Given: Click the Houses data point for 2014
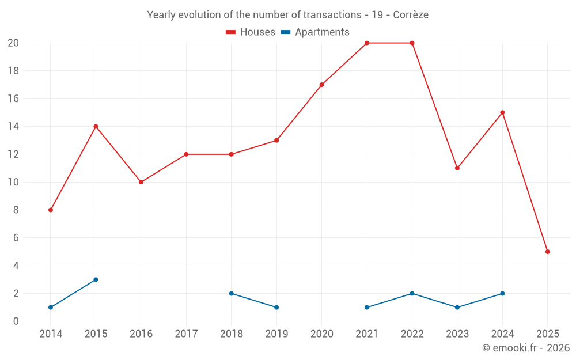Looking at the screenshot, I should point(51,210).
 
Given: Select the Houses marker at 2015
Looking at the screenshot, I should point(96,126).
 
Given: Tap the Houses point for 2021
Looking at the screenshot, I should point(367,43).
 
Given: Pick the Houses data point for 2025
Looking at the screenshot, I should point(548,252).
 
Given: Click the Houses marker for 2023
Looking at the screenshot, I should point(457,168).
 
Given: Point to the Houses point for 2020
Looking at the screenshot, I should point(321,85).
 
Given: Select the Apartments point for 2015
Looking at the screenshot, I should point(96,279).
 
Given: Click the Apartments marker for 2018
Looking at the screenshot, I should point(232,293).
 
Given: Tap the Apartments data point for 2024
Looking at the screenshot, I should point(502,293).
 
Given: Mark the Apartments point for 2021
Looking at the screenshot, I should point(367,307).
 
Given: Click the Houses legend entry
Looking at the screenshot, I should point(251,32).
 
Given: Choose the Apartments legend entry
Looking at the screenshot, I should point(315,32).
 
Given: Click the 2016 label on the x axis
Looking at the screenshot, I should point(141,334).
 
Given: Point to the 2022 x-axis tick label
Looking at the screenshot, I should point(412,334).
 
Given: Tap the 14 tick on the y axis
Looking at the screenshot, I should point(13,126).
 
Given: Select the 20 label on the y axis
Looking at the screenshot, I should point(13,43).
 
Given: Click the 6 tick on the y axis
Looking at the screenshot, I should point(16,238).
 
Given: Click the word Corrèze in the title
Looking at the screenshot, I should point(411,15).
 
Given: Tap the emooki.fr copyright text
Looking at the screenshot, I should point(526,348).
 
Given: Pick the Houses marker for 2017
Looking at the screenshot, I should point(186,154).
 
